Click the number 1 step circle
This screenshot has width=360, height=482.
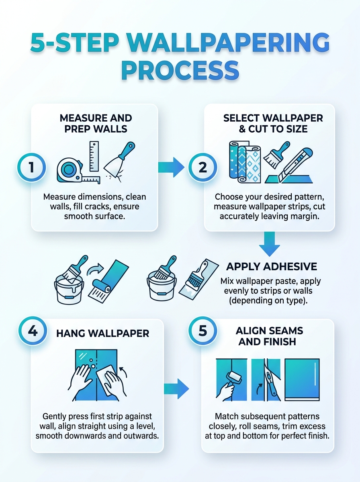[x=32, y=167]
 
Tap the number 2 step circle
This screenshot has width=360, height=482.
[x=202, y=167]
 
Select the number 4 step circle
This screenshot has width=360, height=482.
[x=33, y=331]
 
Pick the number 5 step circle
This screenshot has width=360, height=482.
[x=202, y=331]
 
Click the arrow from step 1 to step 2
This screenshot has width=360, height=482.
[x=171, y=167]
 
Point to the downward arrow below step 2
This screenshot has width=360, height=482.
[x=270, y=244]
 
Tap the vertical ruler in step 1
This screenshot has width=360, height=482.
[x=94, y=156]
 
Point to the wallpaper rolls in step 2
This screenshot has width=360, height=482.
[x=245, y=162]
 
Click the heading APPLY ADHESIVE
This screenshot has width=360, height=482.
[x=272, y=267]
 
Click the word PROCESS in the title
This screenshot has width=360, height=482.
[x=180, y=70]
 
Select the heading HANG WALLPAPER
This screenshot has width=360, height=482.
[x=103, y=333]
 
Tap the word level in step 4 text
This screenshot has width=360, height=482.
[x=145, y=426]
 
